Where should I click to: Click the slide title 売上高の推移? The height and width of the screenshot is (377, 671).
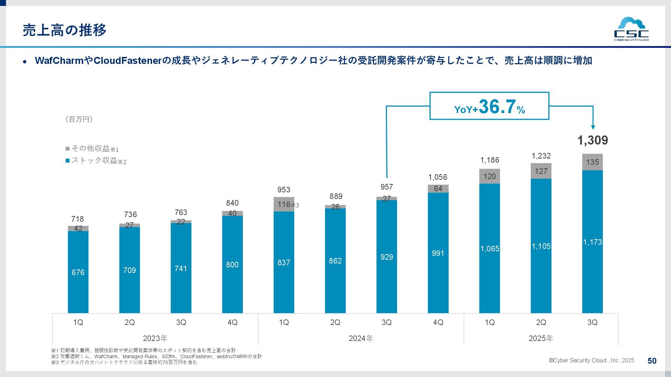point(65,30)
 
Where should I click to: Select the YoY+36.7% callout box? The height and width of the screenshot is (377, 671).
point(489,106)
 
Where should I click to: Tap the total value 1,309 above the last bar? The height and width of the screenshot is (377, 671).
point(592,140)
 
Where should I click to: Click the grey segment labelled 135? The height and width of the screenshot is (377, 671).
point(592,162)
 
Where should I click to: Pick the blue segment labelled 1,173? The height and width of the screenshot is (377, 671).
point(592,242)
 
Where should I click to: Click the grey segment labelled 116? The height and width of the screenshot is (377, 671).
point(284,204)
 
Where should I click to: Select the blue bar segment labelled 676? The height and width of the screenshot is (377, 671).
point(78,272)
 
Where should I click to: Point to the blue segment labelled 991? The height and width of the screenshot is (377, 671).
point(438,253)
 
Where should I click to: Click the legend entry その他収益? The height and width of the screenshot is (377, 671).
point(92,149)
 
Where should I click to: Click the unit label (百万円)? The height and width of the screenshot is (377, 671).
point(79,119)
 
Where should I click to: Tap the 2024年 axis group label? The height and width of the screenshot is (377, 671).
point(361,338)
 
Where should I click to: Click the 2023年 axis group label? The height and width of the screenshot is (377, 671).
point(155,338)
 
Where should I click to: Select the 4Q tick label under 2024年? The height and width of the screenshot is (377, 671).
point(438,322)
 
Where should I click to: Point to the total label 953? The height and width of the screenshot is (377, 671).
point(284,190)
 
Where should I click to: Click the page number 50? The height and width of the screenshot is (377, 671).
point(652,361)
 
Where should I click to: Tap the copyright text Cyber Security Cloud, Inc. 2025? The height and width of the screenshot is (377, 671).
point(591,361)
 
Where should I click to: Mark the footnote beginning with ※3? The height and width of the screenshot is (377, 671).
point(124,362)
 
